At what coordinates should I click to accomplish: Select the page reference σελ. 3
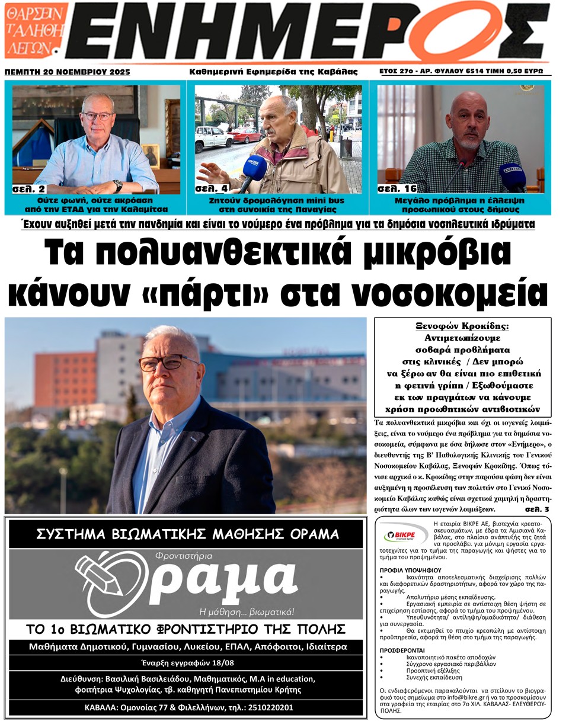[537, 509]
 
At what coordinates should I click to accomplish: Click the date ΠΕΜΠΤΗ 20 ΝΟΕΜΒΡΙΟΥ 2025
[67, 72]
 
